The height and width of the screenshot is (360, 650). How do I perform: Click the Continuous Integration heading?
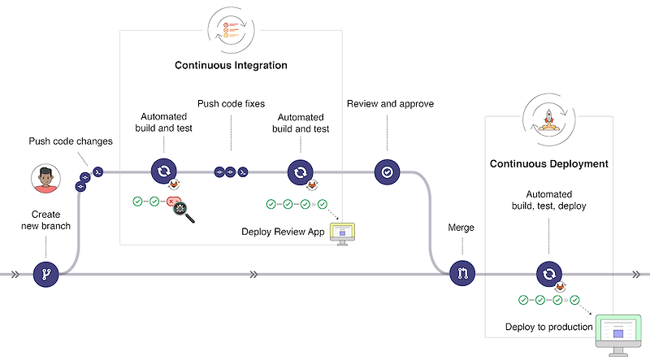pos(231,65)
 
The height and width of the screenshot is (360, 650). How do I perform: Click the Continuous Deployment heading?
pos(548,163)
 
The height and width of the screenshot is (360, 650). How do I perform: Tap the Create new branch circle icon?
pos(46,274)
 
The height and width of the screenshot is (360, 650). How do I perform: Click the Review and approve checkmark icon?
pos(387,172)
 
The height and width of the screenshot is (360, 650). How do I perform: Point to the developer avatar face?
pos(45,178)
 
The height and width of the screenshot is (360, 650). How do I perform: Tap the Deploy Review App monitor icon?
pos(342,232)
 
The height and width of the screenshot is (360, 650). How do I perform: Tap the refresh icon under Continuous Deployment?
pos(548,274)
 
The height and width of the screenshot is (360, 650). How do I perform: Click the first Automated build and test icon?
pos(163,172)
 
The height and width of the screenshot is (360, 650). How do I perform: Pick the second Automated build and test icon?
pos(300,172)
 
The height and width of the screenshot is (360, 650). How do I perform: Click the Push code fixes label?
pos(231,104)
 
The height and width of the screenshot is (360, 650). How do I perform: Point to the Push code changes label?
pos(71,141)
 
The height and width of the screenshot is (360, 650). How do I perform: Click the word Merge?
pos(461,228)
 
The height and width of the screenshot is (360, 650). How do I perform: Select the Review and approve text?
pos(390,104)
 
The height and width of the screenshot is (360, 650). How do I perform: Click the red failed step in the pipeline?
pos(172,202)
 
